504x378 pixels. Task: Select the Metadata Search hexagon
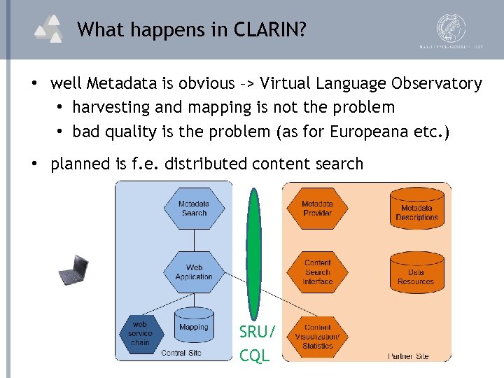pos(194,208)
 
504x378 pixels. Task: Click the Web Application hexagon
pos(194,272)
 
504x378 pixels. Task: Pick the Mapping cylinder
pos(193,329)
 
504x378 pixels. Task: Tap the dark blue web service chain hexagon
pos(140,333)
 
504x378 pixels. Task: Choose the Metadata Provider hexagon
pos(317,208)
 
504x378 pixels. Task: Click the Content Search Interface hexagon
pos(317,272)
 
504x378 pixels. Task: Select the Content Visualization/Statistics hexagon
pos(317,336)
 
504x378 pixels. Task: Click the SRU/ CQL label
pos(256,344)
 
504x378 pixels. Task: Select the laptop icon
pos(73,269)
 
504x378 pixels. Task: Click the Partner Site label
pos(409,356)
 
